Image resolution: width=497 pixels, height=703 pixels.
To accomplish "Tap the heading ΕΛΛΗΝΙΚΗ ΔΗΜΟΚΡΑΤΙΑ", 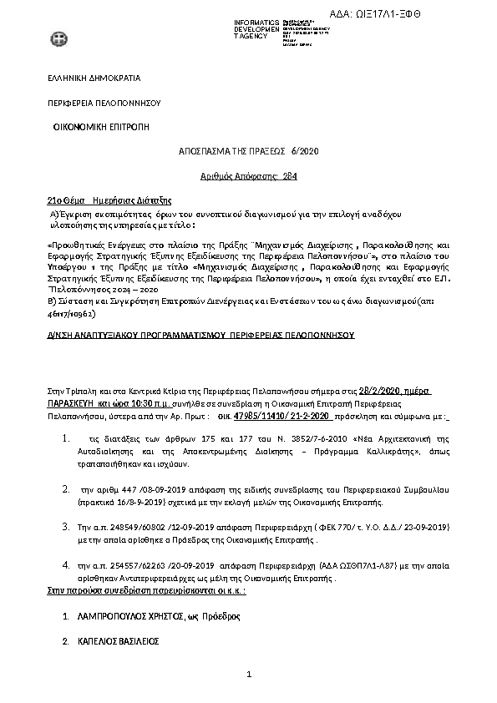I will tap(93, 78).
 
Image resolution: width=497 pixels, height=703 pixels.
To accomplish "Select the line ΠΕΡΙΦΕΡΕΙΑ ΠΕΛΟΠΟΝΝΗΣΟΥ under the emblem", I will tap(103, 103).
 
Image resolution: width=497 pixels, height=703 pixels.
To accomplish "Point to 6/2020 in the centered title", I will tap(305, 151).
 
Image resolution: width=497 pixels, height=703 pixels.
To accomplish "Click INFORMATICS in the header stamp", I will tap(256, 21).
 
